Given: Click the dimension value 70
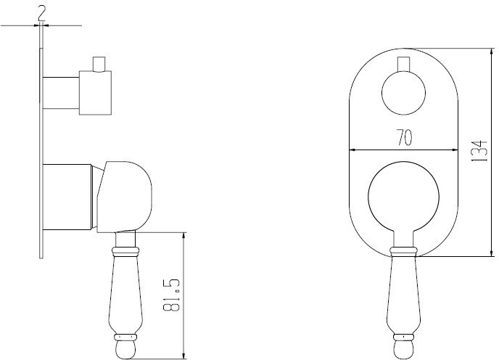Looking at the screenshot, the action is (x=404, y=138).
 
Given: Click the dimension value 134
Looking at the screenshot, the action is (x=480, y=150).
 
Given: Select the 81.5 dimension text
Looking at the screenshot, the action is (x=172, y=295).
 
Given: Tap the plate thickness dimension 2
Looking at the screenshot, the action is (x=42, y=13).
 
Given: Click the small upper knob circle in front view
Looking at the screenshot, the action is (x=403, y=93).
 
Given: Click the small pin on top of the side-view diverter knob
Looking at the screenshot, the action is (x=99, y=65).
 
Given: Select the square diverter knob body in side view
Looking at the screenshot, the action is (x=95, y=93).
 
